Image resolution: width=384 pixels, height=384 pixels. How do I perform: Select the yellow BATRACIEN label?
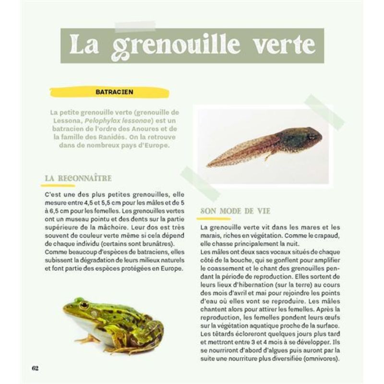(x=114, y=91)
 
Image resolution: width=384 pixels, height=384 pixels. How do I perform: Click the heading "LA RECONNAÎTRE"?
(x=78, y=179)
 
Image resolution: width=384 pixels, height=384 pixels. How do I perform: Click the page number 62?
(x=35, y=368)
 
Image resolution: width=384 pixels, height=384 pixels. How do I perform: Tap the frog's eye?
(x=84, y=305)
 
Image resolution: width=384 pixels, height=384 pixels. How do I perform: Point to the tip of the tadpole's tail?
(x=209, y=166)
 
